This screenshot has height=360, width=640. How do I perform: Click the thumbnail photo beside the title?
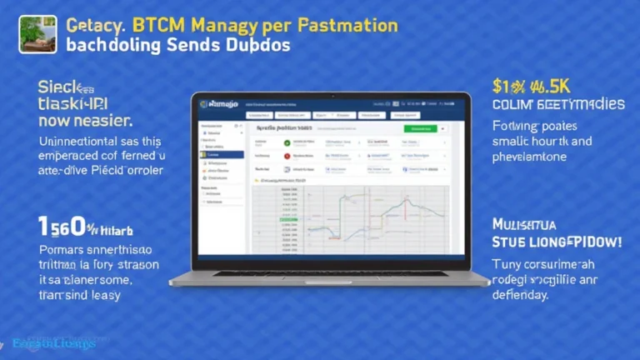(37, 33)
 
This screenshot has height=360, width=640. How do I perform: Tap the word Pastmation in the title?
(345, 25)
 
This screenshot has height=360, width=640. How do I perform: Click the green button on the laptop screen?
(420, 129)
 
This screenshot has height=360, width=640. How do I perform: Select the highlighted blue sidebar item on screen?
(221, 155)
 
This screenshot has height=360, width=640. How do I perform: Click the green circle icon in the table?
(287, 142)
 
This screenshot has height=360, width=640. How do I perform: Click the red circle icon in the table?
(287, 156)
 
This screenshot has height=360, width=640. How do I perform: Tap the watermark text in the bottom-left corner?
(54, 343)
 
